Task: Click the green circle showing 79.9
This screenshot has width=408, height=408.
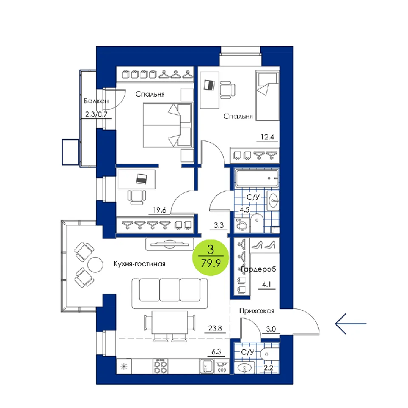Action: (x=210, y=258)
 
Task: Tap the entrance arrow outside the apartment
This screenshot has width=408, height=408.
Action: (x=351, y=323)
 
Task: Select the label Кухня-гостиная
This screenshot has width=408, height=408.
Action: (x=139, y=264)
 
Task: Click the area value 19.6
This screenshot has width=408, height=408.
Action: (x=159, y=210)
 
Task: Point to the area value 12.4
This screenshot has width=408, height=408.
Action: (x=267, y=137)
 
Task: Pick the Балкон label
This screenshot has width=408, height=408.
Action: (x=96, y=101)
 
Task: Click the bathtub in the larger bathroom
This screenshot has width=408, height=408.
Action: (x=257, y=178)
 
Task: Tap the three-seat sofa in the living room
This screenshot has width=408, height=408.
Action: (x=170, y=293)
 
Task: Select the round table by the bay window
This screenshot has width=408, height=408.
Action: (x=95, y=265)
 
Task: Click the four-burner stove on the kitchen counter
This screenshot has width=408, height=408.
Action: (x=160, y=367)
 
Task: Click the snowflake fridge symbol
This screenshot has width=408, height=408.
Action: (x=124, y=367)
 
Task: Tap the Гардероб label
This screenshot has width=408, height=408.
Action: (x=258, y=269)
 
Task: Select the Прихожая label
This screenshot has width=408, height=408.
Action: (x=257, y=311)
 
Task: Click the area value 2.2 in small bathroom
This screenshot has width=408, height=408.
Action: (x=268, y=368)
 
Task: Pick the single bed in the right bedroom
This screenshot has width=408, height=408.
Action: (x=268, y=95)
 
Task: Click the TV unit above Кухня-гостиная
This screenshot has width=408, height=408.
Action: (x=170, y=244)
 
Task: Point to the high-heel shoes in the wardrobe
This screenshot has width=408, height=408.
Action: (x=264, y=245)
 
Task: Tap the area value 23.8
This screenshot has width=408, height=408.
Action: (x=215, y=328)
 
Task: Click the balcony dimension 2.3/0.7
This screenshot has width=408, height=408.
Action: (x=96, y=114)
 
